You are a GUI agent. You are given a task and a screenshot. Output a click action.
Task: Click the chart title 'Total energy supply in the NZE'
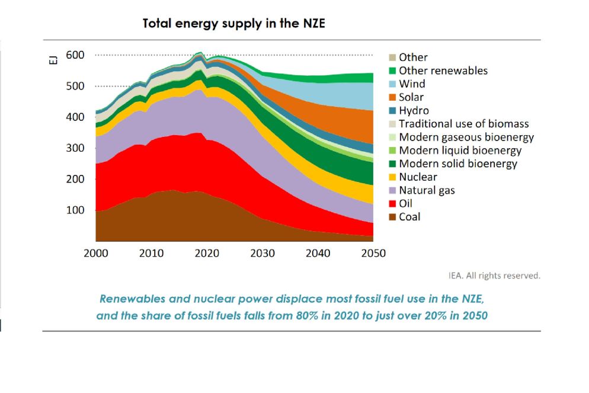[x=233, y=24]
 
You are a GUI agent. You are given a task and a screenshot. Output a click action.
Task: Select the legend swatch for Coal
[x=392, y=217]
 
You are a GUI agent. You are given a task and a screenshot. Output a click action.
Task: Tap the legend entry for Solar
[x=411, y=97]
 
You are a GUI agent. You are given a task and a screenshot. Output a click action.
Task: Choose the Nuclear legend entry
[x=418, y=177]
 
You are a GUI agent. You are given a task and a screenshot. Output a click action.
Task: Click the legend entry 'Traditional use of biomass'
[x=463, y=124]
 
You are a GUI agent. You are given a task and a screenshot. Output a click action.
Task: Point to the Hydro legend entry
[x=414, y=111]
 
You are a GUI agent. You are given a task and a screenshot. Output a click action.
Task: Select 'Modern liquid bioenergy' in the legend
[x=460, y=151]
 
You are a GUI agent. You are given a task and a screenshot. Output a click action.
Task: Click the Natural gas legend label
[x=427, y=190]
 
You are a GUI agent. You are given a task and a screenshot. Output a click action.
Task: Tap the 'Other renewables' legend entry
[x=443, y=71]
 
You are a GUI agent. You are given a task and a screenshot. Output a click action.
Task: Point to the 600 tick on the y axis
[x=75, y=55]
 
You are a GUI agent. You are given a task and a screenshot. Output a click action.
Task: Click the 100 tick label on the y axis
[x=75, y=210]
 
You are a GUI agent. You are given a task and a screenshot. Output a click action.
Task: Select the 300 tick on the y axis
[x=75, y=148]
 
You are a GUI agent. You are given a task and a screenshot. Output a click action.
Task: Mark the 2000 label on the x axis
[x=96, y=254]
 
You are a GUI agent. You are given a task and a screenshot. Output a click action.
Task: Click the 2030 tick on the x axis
[x=263, y=254]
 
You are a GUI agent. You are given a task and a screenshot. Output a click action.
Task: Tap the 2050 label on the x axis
[x=373, y=254]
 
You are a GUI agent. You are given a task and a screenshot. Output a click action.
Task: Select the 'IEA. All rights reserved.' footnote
[x=494, y=276]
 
